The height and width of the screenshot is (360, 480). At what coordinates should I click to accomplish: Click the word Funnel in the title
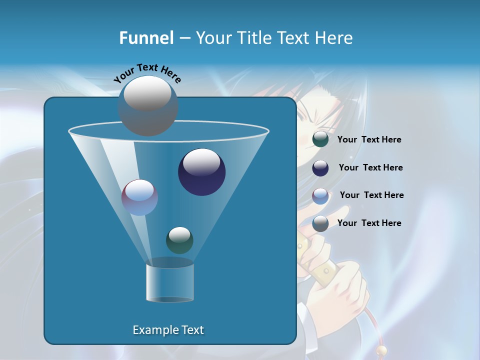[x=146, y=38]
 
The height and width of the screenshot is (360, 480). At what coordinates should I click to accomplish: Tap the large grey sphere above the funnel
[x=147, y=106]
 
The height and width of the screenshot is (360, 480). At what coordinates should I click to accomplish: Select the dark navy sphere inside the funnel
[x=201, y=172]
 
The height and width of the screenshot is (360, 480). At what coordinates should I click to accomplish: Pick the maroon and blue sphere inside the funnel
[x=139, y=197]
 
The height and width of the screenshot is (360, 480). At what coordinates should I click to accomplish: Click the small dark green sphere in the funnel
[x=179, y=240]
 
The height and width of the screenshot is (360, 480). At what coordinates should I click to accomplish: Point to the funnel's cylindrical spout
[x=170, y=282]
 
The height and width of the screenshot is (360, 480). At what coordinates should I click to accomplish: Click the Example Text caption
[x=168, y=330]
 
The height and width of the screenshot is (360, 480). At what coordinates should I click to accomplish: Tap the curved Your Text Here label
[x=147, y=72]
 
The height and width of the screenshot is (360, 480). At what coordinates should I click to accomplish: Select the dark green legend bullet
[x=320, y=139]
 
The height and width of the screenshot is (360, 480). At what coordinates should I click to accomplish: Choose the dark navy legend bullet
[x=320, y=168]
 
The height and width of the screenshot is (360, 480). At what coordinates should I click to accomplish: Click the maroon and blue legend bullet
[x=320, y=195]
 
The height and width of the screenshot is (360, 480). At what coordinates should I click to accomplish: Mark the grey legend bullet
[x=320, y=223]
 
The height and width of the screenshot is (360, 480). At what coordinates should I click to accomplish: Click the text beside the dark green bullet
[x=369, y=140]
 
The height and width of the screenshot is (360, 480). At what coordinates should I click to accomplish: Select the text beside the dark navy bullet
[x=370, y=167]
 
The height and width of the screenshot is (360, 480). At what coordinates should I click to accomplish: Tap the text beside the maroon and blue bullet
[x=371, y=195]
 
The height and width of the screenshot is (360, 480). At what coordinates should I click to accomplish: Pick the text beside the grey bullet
[x=369, y=223]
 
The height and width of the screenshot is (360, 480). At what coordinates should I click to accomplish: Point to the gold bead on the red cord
[x=382, y=350]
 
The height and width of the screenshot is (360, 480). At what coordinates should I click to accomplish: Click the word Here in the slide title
[x=333, y=38]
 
